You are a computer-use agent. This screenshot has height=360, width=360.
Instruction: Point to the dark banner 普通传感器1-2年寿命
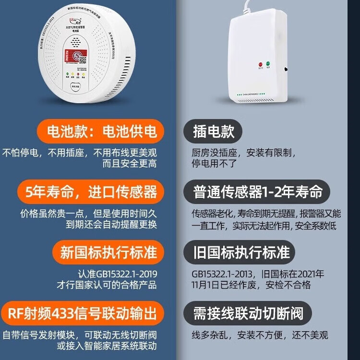click(x=257, y=192)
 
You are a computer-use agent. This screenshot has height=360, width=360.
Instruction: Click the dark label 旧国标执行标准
click(x=240, y=252)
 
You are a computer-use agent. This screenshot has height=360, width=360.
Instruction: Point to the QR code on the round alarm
click(x=82, y=60)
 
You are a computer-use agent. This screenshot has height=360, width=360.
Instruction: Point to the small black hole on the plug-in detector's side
click(x=286, y=69)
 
